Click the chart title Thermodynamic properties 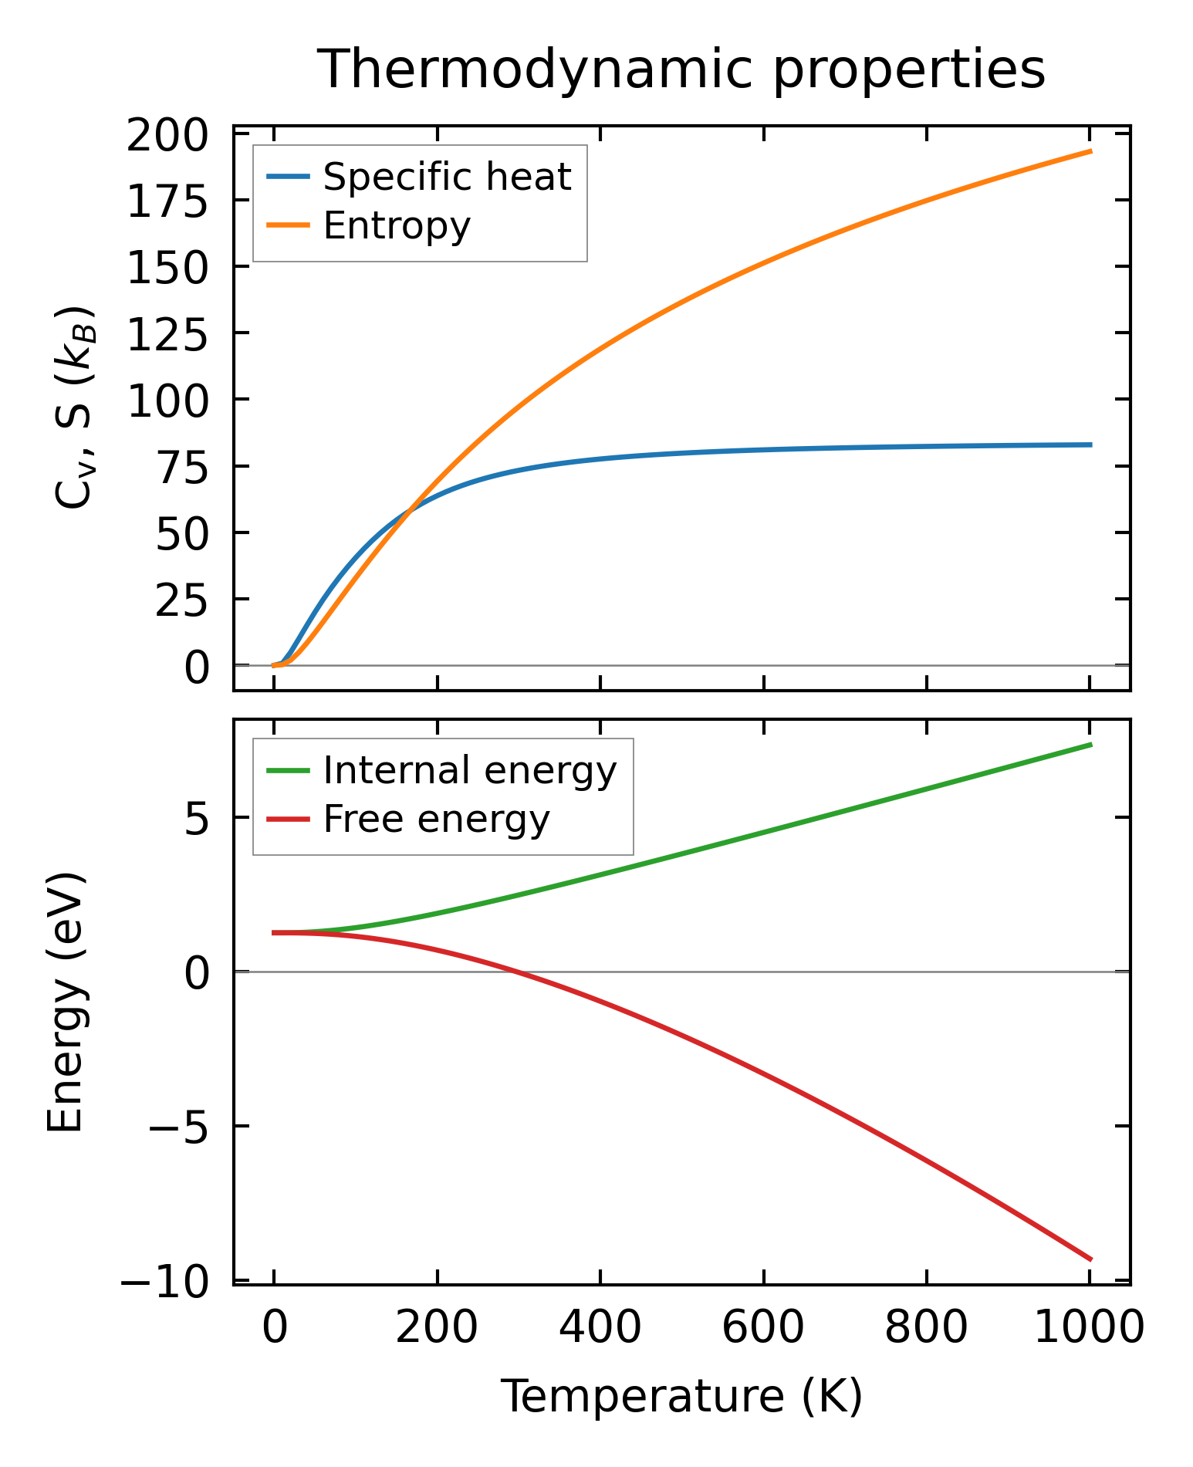click(x=681, y=69)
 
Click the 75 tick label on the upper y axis click(x=182, y=468)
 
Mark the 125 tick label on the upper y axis click(x=167, y=336)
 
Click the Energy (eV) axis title click(x=65, y=1002)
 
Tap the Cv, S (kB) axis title click(x=75, y=407)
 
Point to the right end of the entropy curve click(x=1090, y=151)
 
